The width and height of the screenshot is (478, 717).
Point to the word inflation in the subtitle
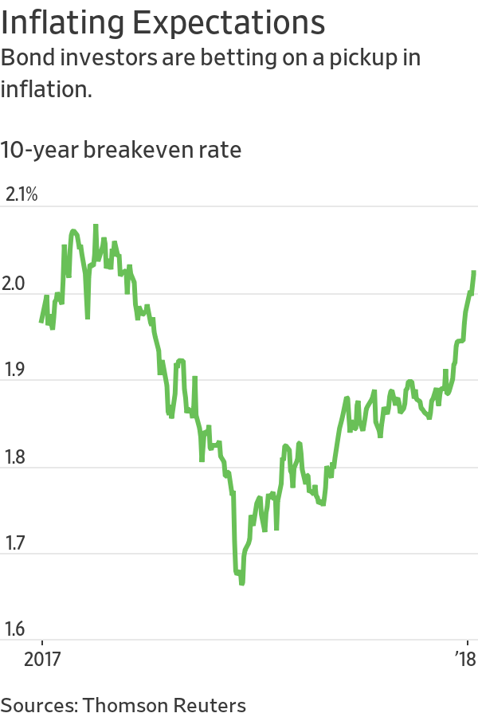tap(46, 88)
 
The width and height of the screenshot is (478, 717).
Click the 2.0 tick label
tap(17, 283)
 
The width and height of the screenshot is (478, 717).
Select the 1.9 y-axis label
tap(17, 370)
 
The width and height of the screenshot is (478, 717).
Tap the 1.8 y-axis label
tap(17, 456)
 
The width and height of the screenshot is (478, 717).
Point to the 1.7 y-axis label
tap(17, 543)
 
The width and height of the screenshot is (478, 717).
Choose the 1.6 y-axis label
tap(17, 630)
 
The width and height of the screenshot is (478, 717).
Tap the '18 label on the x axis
tap(464, 660)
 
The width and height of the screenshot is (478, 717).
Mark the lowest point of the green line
tap(241, 583)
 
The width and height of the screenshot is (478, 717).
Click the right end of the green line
tap(474, 272)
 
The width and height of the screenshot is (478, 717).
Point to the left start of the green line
tap(41, 322)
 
